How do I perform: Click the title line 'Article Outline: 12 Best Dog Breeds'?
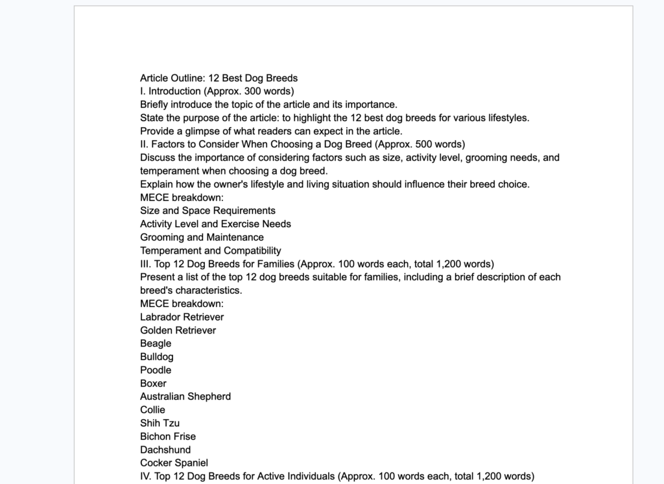[x=219, y=79]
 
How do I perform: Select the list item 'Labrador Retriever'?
[x=182, y=317]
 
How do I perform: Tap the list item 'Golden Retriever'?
[x=178, y=330]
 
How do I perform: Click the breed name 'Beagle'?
[x=156, y=344]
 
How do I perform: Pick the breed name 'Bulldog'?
[x=156, y=357]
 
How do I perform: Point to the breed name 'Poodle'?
[x=156, y=370]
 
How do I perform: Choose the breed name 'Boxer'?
[x=153, y=383]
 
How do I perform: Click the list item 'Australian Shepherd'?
[x=185, y=396]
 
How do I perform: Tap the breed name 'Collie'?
[x=152, y=410]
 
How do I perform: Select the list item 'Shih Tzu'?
[x=160, y=423]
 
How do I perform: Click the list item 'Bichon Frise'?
[x=167, y=437]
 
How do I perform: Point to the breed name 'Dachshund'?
[x=165, y=450]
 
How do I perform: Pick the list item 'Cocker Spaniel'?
[x=174, y=463]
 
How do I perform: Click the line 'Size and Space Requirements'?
[x=207, y=211]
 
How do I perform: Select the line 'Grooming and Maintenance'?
[x=202, y=237]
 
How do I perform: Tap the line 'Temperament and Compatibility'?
[x=210, y=250]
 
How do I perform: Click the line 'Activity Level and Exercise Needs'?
[x=215, y=224]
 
